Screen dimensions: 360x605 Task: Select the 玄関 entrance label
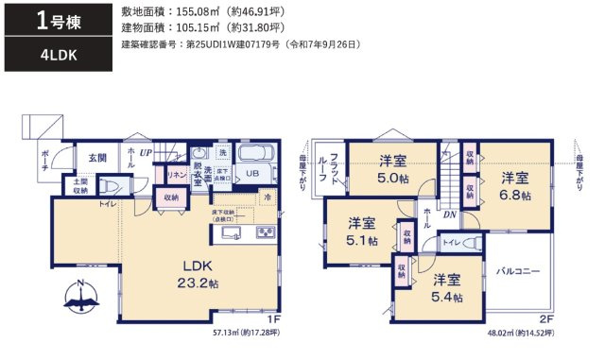98,158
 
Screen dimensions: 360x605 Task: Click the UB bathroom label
252,174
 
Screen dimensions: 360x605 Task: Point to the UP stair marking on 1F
146,151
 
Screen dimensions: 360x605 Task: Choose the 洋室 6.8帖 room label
515,186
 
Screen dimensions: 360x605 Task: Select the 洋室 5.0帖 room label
392,167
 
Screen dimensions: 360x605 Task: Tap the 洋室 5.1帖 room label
361,231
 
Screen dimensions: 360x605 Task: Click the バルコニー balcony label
518,271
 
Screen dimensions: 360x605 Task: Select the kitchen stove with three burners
265,232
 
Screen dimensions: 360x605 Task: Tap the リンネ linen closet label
176,174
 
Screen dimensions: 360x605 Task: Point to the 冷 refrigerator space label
268,197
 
